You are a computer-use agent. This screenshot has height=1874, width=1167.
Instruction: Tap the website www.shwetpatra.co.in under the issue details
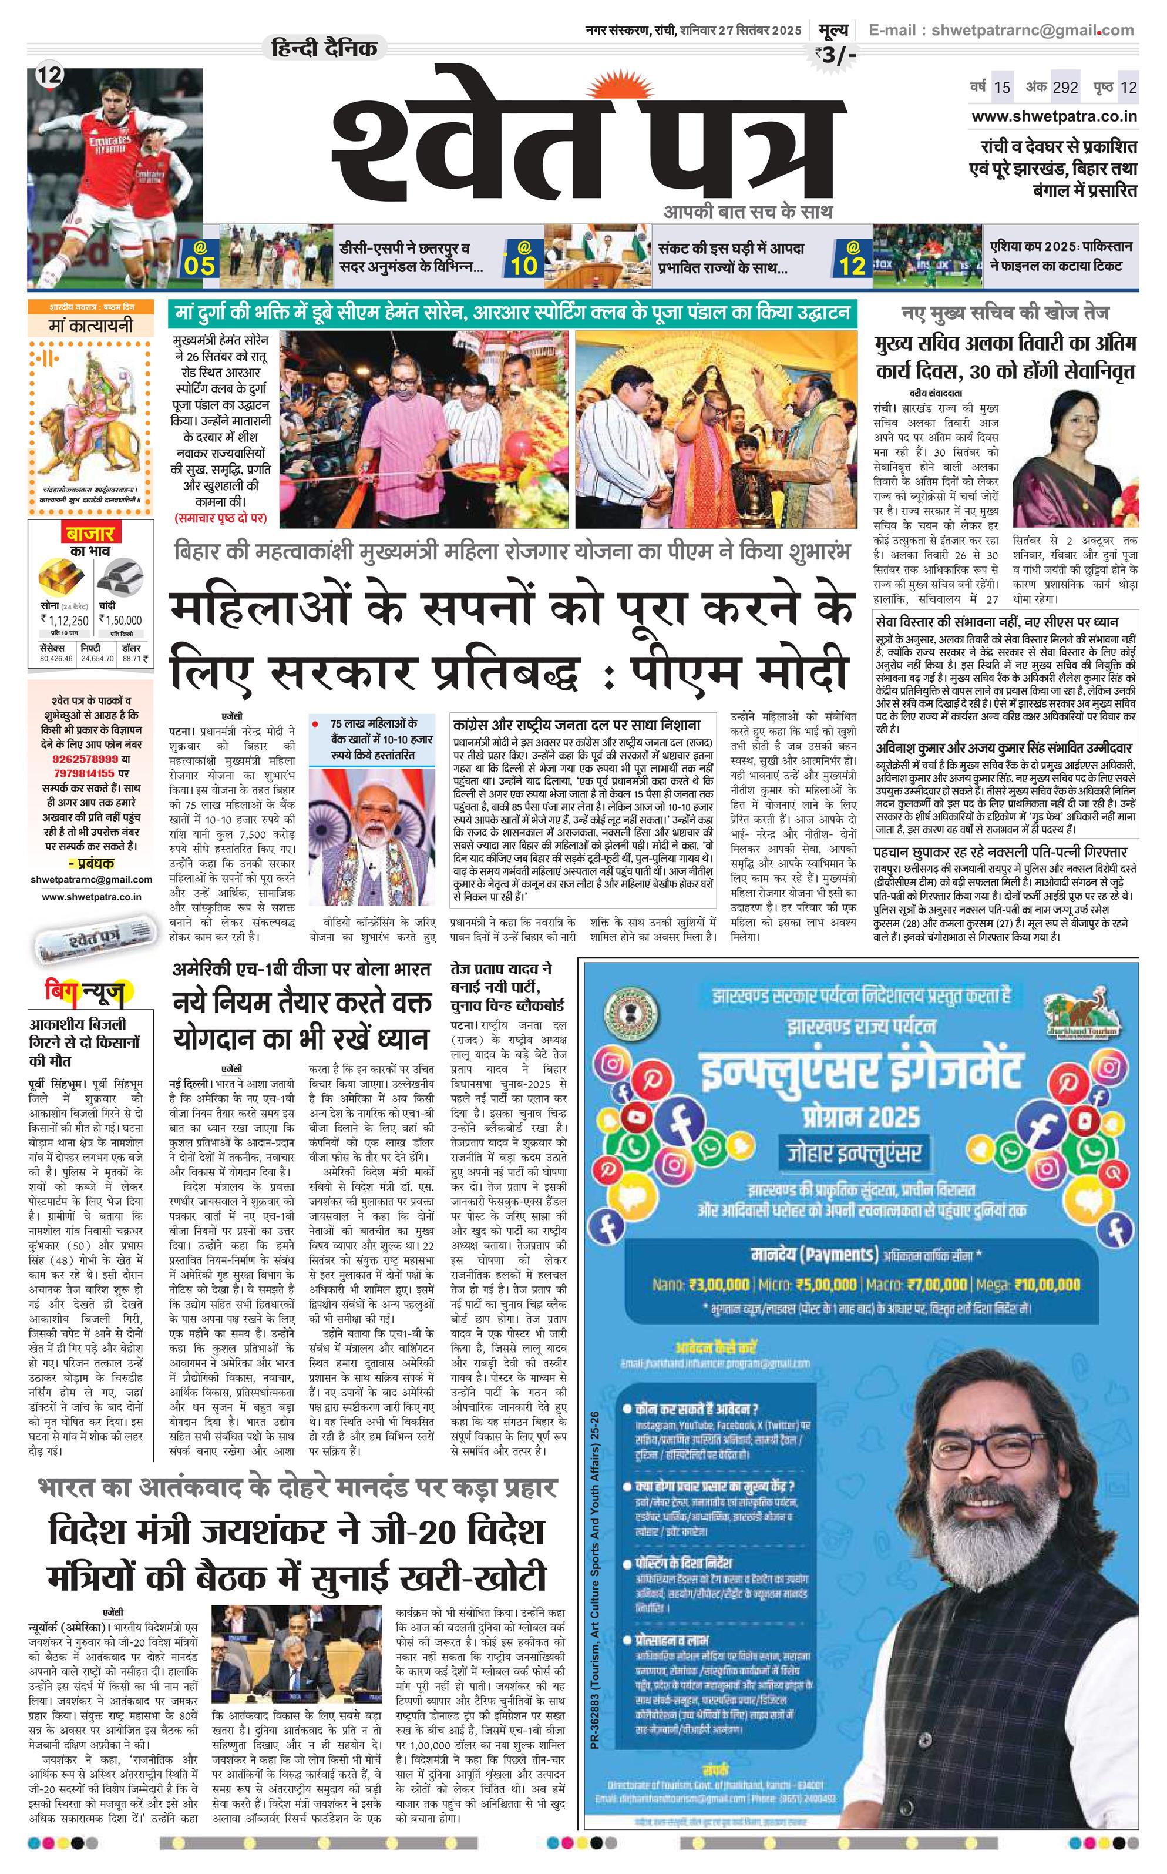tap(1054, 116)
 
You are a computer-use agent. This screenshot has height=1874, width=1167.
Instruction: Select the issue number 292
tap(1065, 87)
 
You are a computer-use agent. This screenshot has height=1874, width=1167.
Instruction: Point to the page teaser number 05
tap(199, 266)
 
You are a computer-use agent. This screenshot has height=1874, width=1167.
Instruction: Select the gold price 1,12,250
tap(66, 619)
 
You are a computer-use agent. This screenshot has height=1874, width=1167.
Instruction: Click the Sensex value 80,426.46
tap(56, 659)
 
